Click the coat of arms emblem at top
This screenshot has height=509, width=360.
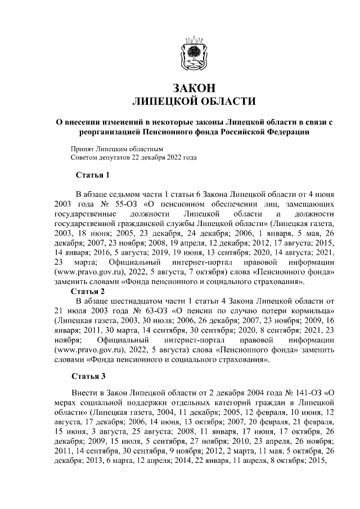click(x=193, y=52)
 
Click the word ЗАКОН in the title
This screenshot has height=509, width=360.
click(x=193, y=88)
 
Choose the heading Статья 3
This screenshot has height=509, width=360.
click(x=89, y=376)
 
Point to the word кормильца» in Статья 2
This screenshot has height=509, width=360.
click(x=314, y=311)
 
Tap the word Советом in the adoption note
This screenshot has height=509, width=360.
click(x=84, y=158)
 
